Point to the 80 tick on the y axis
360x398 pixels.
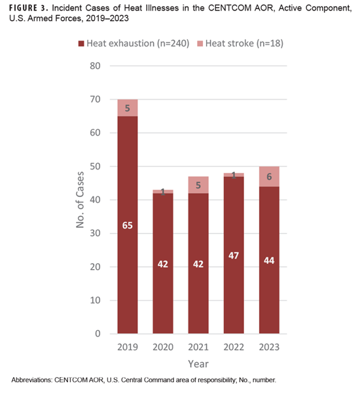pyautogui.click(x=96, y=66)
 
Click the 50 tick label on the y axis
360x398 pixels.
pyautogui.click(x=96, y=167)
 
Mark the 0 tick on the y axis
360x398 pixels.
pyautogui.click(x=99, y=334)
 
